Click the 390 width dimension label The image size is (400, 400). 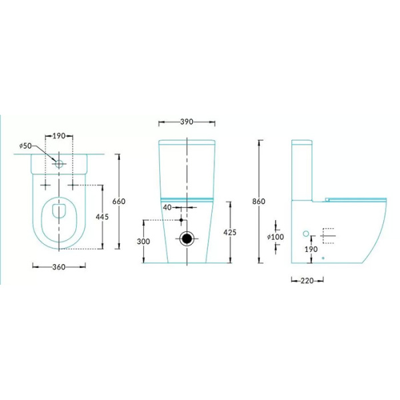tap(187, 122)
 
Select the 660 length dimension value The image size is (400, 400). tap(119, 201)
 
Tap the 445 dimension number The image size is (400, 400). tap(102, 217)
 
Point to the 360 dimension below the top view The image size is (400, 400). tap(59, 267)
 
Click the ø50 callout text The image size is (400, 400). tap(25, 146)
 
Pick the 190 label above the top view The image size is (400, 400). tap(59, 136)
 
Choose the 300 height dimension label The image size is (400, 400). tap(143, 241)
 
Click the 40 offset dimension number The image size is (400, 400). tap(167, 207)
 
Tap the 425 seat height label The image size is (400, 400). tap(230, 233)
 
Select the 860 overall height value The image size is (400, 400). tap(259, 201)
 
